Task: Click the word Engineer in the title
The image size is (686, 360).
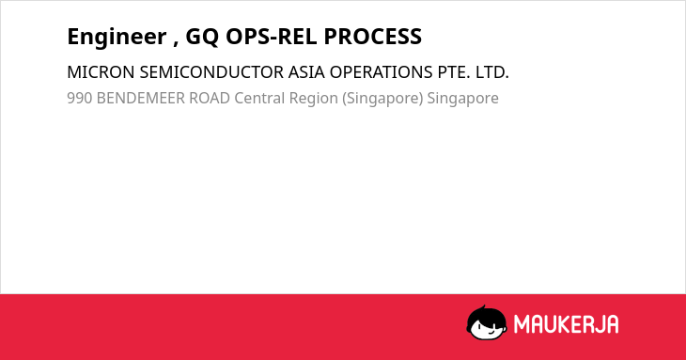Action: [117, 38]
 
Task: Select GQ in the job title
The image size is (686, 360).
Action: [202, 37]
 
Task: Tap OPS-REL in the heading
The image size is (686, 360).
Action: [272, 37]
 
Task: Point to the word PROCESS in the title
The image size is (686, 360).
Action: [373, 37]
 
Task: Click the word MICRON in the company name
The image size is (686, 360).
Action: [101, 72]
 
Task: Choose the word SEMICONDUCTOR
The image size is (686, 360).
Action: [211, 72]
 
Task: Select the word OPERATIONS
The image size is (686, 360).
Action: [382, 72]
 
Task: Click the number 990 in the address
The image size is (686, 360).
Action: [79, 99]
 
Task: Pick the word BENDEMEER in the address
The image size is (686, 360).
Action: [140, 99]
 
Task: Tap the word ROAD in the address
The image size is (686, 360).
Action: [210, 99]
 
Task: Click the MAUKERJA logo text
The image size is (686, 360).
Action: [566, 324]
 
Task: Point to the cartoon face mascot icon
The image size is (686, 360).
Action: [487, 322]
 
